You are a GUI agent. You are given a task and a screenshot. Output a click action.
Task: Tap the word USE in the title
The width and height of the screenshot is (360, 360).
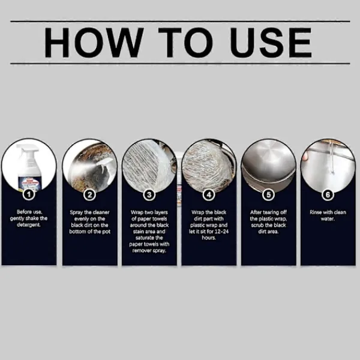(271, 43)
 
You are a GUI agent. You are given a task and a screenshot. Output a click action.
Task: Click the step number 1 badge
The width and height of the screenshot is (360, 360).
(29, 195)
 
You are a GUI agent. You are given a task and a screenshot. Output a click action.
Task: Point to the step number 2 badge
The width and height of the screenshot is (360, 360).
(89, 195)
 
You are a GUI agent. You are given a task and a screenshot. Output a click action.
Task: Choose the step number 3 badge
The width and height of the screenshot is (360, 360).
(149, 195)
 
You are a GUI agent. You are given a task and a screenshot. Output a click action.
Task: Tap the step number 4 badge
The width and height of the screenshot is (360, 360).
(209, 195)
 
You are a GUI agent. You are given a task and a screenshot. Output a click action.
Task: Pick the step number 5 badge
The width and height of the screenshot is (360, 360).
(268, 195)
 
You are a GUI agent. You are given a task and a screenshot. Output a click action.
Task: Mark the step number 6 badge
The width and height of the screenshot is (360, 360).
(328, 195)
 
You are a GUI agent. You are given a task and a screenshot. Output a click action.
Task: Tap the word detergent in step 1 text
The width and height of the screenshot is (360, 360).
(29, 225)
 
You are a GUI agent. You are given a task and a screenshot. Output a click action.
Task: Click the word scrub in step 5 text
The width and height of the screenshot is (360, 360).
(257, 225)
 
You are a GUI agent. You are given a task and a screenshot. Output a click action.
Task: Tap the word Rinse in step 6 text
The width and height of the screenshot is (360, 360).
(316, 212)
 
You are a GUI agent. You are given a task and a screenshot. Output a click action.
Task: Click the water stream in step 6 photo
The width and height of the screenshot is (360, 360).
(331, 158)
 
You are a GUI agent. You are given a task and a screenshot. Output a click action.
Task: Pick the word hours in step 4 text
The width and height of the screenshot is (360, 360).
(209, 238)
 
